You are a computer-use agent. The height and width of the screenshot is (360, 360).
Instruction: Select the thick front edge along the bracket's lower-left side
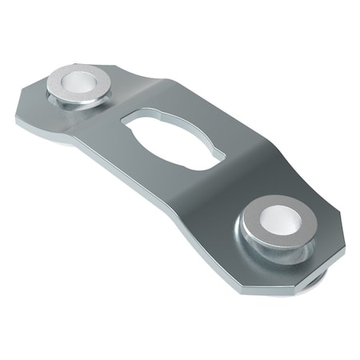point(120,184)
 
